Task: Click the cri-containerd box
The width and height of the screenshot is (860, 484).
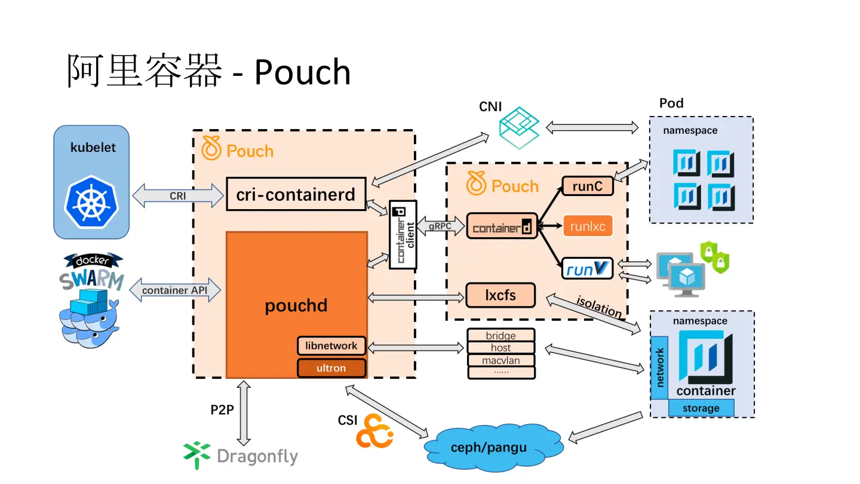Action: click(x=296, y=194)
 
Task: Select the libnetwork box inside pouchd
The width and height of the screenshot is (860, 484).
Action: click(x=331, y=346)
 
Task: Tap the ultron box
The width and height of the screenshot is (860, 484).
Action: click(x=331, y=368)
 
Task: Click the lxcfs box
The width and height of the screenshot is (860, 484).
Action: click(x=500, y=295)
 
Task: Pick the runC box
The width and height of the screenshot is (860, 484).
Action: click(x=588, y=186)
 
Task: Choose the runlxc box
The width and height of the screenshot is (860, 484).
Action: click(x=588, y=226)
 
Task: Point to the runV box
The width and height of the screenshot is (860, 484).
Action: click(x=588, y=269)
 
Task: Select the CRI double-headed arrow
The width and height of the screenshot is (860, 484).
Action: click(x=177, y=195)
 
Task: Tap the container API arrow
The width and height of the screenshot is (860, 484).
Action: click(x=174, y=290)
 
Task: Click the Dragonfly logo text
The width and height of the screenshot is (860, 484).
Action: click(x=257, y=457)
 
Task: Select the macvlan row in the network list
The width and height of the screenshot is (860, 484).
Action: click(x=501, y=360)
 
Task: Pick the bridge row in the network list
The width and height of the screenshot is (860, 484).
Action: click(x=501, y=336)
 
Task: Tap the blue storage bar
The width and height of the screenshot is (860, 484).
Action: click(x=701, y=408)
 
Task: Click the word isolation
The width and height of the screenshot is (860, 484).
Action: click(x=599, y=307)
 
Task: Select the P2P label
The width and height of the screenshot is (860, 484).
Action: click(x=222, y=410)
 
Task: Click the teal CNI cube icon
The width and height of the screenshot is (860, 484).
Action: click(x=519, y=126)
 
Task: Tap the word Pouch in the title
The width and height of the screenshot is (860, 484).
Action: click(x=303, y=72)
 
